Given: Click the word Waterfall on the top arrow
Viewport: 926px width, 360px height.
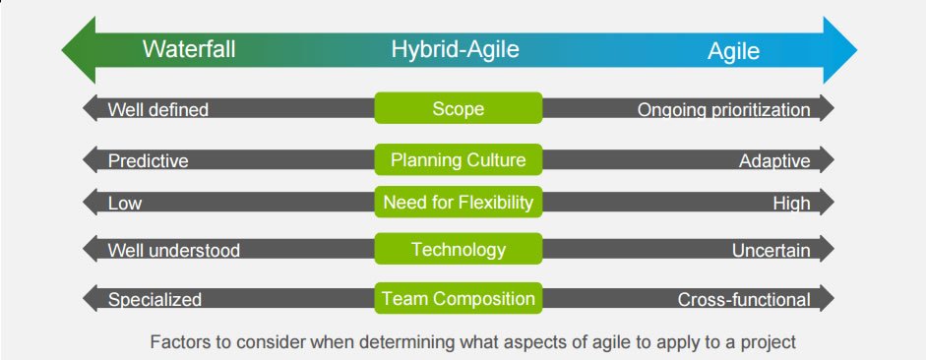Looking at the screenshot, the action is (189, 49).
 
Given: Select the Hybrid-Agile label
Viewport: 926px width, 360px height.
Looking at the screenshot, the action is (455, 49).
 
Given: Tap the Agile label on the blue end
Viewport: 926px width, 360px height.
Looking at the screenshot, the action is (733, 52).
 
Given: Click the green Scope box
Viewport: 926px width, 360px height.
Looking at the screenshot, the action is (459, 108).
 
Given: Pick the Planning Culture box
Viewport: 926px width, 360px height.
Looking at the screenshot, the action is (459, 159).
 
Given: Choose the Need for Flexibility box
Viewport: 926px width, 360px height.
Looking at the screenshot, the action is (459, 202).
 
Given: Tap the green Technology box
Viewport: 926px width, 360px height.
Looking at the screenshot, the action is (459, 249).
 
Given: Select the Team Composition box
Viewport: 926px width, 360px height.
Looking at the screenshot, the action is (459, 298).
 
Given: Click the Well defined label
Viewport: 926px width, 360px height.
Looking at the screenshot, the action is (158, 110).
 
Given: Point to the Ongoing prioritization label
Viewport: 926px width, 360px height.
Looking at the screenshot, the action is (724, 110).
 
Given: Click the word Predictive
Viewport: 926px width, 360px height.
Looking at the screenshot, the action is (149, 161).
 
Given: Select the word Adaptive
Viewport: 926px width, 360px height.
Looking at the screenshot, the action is (774, 161).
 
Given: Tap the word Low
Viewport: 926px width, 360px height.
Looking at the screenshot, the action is (125, 204).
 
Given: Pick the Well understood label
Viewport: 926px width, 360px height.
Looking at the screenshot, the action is (173, 251).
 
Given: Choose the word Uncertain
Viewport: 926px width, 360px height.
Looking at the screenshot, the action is (772, 251).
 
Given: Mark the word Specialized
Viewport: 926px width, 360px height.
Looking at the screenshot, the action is (154, 300).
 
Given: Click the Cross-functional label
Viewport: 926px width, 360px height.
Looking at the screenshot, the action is (744, 300).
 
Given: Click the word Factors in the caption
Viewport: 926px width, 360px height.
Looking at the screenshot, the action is (176, 341).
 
